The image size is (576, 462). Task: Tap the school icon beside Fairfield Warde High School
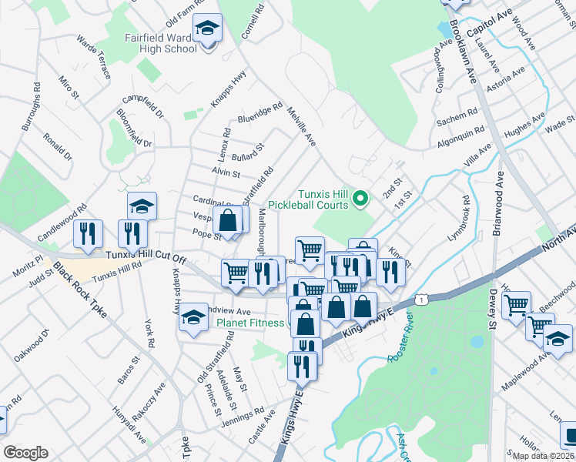point(206,29)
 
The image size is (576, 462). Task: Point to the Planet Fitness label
point(249,323)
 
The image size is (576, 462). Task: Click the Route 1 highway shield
point(421,299)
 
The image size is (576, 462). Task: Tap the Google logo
point(25,453)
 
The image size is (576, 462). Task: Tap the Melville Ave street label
point(300,126)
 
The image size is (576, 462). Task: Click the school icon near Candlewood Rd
point(142,206)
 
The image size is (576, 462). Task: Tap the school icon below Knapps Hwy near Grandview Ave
point(193,318)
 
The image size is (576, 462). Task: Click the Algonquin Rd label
point(461,136)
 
